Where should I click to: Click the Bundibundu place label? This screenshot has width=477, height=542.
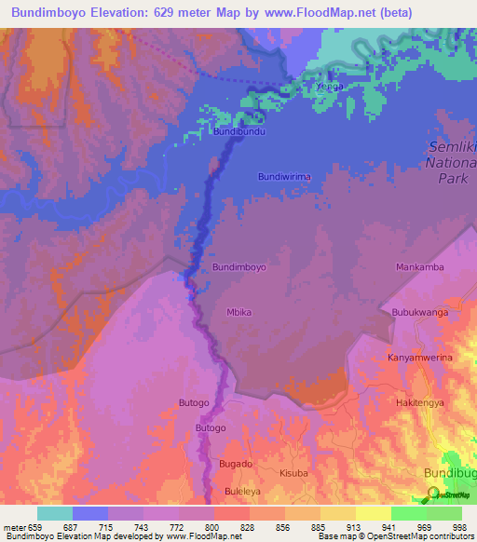pos(240,132)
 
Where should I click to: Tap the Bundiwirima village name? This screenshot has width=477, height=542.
pos(283,176)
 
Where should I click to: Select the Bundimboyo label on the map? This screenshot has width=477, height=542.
pos(239,267)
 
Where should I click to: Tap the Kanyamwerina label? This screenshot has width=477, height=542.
pos(418,358)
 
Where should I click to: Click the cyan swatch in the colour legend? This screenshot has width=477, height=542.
pos(55,513)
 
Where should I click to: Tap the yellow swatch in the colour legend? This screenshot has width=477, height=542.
pos(373,513)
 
